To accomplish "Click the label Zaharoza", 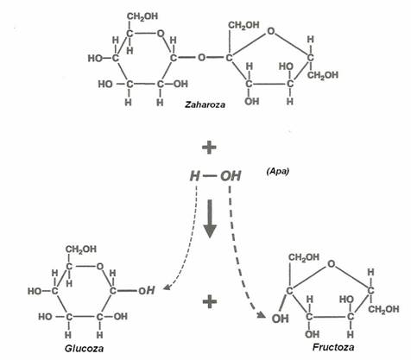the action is pos(205,104).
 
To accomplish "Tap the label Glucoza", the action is pos(84,349).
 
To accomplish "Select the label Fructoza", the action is pos(333,347).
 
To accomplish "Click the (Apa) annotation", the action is pos(278,172).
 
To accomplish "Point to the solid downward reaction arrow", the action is pos(210,218).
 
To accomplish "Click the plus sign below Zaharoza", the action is pos(209,148).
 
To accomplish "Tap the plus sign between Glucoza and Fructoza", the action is pos(210,302).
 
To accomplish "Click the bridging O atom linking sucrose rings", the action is pos(202,58).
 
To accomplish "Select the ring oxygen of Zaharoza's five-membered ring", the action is pos(270,31).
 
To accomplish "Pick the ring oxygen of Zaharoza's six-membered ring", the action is pos(161,34).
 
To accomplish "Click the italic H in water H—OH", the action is pos(195,176).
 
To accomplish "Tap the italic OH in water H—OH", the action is pos(231,176).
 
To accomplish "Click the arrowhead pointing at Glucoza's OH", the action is pos(166,287).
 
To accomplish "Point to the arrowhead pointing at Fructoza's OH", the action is pos(262,315).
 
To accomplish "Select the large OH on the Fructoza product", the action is pos(280,319).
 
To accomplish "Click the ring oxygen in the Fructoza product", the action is pos(332,263).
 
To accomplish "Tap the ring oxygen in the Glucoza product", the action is pos(100,267).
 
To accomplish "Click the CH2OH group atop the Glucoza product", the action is pos(81,249).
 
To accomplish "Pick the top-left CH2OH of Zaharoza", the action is pos(142,16).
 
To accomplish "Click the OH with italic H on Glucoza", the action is pos(147,291).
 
